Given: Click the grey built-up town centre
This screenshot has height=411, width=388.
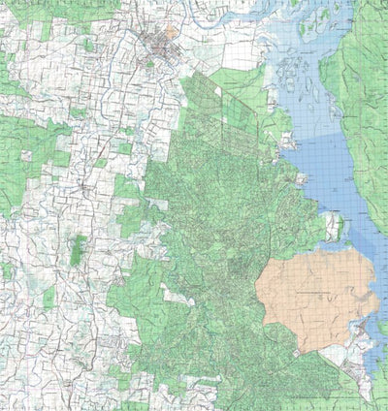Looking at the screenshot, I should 154,44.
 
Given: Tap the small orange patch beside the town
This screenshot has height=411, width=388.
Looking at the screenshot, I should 171,31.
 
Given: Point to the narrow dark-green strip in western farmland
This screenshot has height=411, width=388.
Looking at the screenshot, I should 79,249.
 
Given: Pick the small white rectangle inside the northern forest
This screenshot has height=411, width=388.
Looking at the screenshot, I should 217,92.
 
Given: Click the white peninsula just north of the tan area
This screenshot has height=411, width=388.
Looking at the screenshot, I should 334,229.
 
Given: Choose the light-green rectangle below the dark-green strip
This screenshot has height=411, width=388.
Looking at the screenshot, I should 48,297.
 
